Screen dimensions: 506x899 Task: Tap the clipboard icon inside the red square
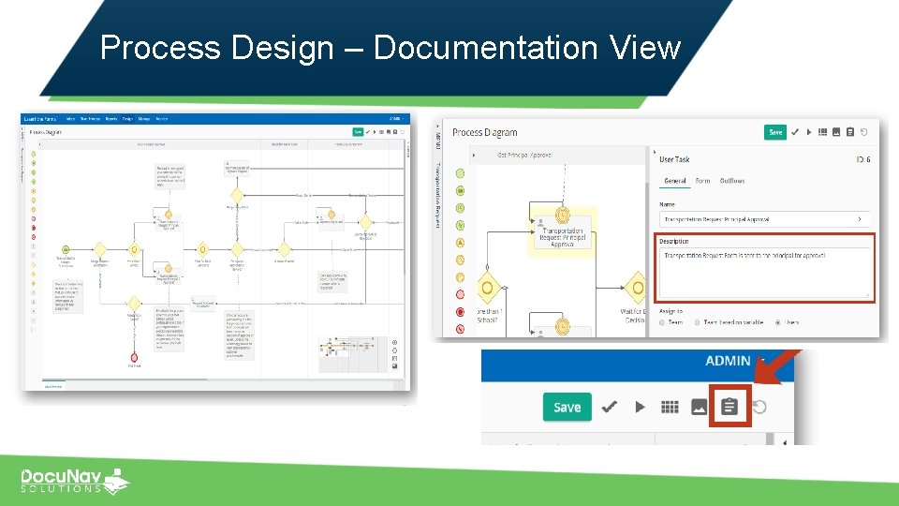click(x=730, y=407)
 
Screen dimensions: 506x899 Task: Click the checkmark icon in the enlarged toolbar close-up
click(x=609, y=407)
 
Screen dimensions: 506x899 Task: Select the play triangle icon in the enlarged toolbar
click(x=640, y=407)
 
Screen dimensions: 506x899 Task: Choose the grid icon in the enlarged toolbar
click(x=669, y=407)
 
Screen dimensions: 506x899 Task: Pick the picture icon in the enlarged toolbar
click(x=699, y=407)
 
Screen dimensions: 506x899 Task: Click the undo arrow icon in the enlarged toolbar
click(x=759, y=407)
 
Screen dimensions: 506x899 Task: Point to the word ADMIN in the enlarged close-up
click(x=729, y=361)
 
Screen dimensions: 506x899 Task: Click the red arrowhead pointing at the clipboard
click(x=762, y=376)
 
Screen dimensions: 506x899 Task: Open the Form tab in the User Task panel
click(x=702, y=181)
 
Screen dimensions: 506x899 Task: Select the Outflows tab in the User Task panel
click(x=732, y=181)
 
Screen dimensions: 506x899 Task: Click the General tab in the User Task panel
click(x=674, y=181)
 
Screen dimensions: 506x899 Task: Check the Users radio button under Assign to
click(x=779, y=322)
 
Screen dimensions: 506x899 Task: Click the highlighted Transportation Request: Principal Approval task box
click(x=562, y=235)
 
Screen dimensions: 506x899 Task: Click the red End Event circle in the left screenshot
click(x=134, y=357)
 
